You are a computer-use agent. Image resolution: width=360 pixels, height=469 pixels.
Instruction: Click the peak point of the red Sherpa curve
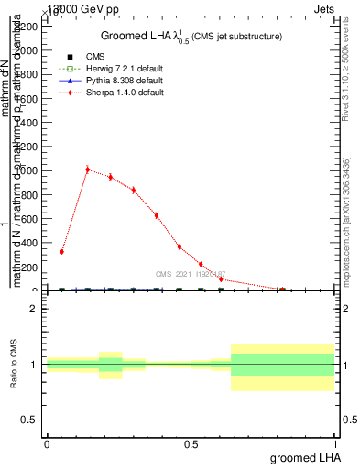(x=87, y=169)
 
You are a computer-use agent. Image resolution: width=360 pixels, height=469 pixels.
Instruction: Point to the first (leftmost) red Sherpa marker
(x=61, y=251)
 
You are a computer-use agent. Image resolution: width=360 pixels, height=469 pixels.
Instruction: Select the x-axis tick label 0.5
(x=191, y=443)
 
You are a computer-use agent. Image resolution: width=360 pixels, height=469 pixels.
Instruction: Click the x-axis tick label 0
(x=47, y=443)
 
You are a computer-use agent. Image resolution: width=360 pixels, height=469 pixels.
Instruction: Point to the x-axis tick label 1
(x=337, y=443)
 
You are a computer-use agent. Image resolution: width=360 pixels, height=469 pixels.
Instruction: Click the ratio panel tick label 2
(x=33, y=310)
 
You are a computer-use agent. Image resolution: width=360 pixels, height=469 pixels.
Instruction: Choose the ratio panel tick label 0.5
(x=29, y=420)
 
